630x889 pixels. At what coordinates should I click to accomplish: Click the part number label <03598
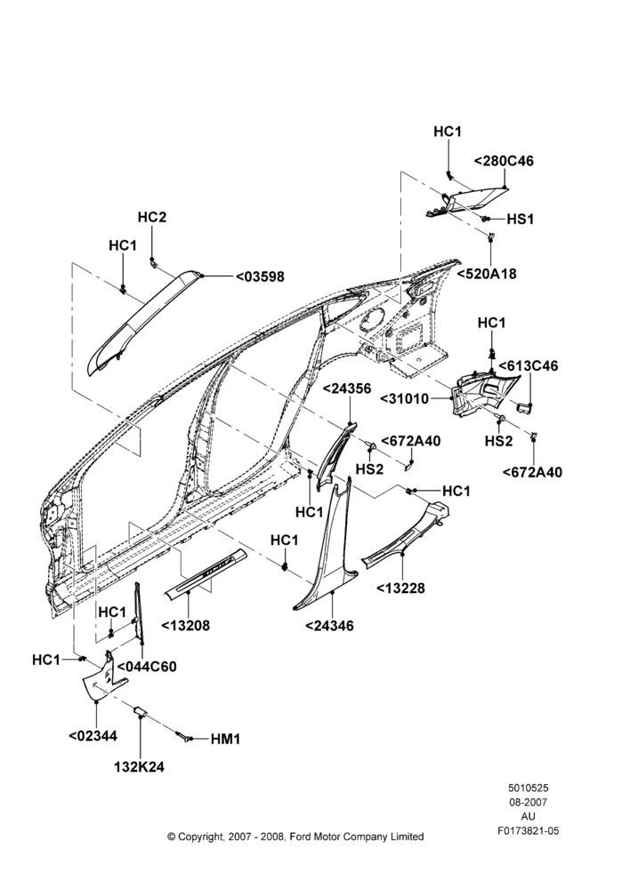coord(260,276)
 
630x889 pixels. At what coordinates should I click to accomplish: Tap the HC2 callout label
coord(152,217)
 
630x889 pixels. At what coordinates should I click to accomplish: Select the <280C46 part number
coord(504,161)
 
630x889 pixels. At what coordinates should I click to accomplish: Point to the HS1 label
coord(521,219)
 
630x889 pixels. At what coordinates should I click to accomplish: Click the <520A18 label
coord(487,274)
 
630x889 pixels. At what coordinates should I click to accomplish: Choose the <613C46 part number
coord(529,365)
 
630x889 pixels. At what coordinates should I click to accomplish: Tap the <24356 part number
coord(347,389)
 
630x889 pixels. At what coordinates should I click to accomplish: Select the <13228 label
coord(400,588)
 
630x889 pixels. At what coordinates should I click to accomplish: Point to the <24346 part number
coord(329,626)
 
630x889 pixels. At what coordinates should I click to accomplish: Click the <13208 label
coord(186,626)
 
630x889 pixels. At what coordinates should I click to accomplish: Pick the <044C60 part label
coord(147,667)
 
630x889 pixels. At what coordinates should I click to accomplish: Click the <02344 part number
coord(93,736)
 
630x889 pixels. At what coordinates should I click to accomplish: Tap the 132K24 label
coord(139,767)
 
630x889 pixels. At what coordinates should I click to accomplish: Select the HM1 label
coord(225,740)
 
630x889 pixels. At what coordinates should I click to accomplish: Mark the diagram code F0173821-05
coord(528,831)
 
